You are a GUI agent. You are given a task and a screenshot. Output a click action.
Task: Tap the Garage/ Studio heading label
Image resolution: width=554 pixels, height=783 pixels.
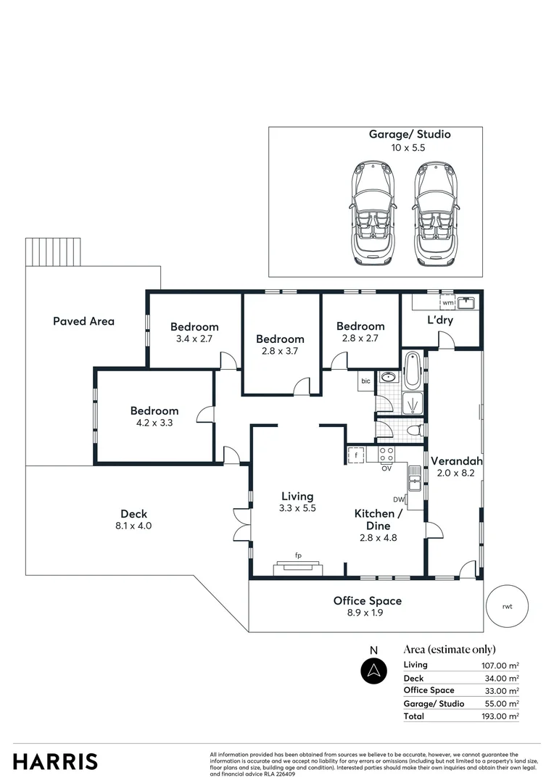[410, 134]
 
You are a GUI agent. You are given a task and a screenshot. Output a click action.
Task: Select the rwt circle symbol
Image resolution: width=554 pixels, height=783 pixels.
[506, 606]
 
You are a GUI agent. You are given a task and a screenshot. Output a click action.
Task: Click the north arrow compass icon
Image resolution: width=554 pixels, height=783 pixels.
[374, 670]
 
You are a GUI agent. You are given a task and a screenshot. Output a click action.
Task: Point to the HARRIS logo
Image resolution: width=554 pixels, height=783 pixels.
[55, 761]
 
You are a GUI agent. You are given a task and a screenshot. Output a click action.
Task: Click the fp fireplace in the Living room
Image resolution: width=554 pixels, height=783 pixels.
[297, 566]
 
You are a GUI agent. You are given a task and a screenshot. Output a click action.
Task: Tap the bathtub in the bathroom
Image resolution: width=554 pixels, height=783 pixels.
[412, 369]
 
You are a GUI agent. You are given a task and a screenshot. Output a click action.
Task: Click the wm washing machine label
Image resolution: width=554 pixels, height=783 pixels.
[447, 302]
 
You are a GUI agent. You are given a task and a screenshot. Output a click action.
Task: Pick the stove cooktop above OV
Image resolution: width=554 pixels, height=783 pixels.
[386, 455]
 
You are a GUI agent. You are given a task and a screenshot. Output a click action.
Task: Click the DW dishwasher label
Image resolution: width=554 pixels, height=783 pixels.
[398, 500]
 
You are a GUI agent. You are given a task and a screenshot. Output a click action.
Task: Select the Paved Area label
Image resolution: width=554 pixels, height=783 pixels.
[83, 321]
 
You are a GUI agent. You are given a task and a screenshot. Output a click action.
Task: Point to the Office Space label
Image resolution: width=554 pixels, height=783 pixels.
[367, 600]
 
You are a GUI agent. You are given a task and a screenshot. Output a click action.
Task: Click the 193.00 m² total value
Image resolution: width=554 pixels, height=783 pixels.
[502, 716]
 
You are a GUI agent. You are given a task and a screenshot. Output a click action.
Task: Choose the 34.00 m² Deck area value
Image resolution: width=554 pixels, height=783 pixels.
[503, 679]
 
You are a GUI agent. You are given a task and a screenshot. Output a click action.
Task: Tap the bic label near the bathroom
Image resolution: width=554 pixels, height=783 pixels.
[365, 381]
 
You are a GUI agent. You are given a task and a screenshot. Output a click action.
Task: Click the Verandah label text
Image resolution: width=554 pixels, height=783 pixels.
[457, 461]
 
